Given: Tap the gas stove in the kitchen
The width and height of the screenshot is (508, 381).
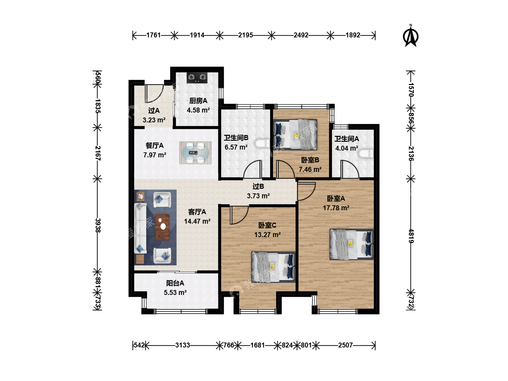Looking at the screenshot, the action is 197,78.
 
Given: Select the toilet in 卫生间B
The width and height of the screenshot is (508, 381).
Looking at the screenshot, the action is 262,144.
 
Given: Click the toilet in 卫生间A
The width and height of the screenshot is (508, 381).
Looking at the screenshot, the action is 366,153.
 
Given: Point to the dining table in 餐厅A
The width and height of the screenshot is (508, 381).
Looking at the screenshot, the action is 195,153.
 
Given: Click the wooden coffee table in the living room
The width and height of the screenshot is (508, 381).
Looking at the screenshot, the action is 162,228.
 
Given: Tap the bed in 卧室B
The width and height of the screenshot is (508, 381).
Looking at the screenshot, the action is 295,134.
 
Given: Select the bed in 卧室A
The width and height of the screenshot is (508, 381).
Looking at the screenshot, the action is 352,244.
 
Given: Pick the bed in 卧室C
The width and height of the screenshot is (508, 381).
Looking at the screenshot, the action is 273,267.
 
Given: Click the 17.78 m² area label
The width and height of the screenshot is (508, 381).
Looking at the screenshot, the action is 336,208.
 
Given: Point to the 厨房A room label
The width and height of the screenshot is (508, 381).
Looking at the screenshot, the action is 198,101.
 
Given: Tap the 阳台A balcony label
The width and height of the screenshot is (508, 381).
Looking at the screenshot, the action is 175,283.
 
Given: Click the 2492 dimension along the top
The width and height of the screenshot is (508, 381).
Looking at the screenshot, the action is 301,35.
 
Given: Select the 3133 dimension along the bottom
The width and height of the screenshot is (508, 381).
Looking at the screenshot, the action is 182,345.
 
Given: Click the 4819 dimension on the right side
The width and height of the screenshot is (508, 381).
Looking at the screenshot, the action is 411,236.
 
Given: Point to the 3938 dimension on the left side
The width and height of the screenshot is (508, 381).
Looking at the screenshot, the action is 98,225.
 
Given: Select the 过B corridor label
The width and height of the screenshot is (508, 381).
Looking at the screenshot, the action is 258,187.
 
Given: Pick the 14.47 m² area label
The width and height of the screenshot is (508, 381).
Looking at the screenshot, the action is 197,222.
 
